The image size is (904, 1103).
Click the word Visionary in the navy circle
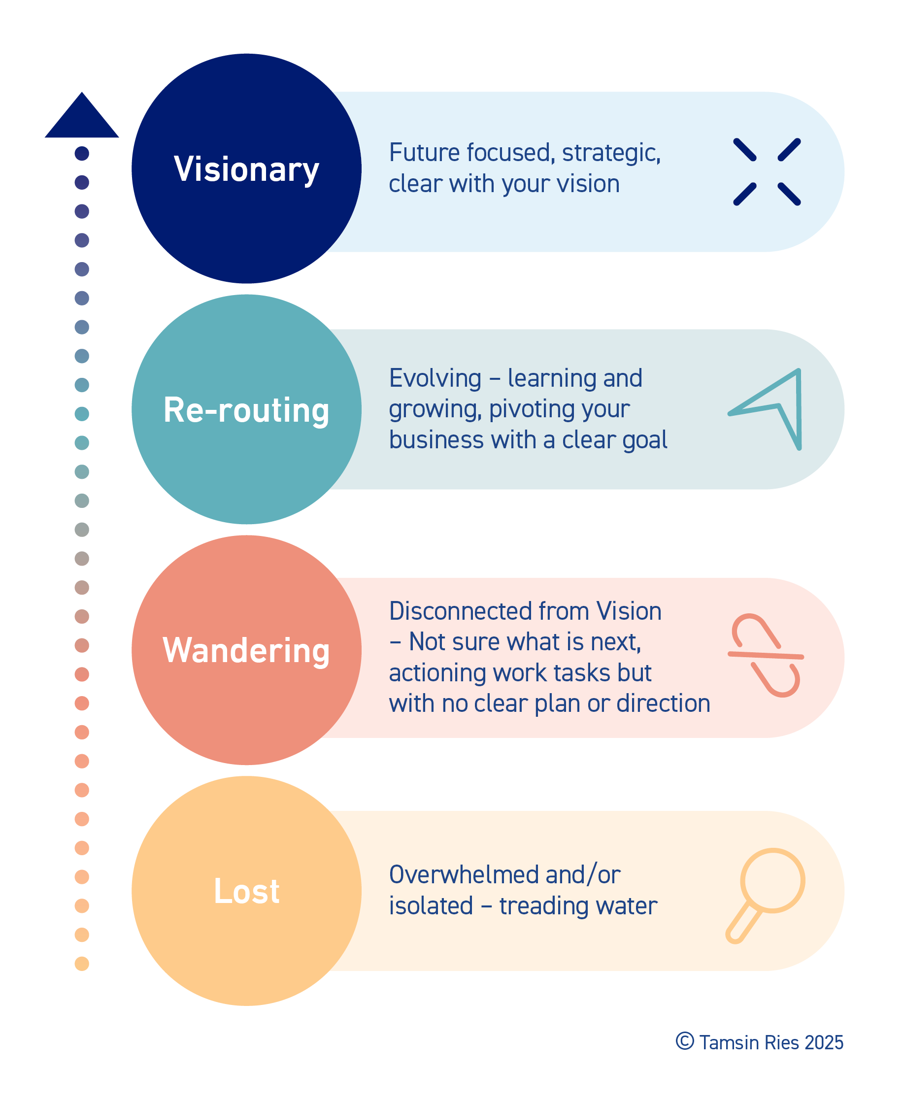point(246,169)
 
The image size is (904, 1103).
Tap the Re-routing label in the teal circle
point(246,410)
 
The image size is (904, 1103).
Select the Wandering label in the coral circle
point(246,651)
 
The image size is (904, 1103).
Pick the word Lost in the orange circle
point(246,891)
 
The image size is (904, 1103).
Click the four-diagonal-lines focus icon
point(767,172)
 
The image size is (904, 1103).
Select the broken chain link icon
point(766,655)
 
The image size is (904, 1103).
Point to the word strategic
point(611,153)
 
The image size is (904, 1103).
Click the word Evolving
point(435,379)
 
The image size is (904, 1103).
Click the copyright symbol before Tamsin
point(685,1041)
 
